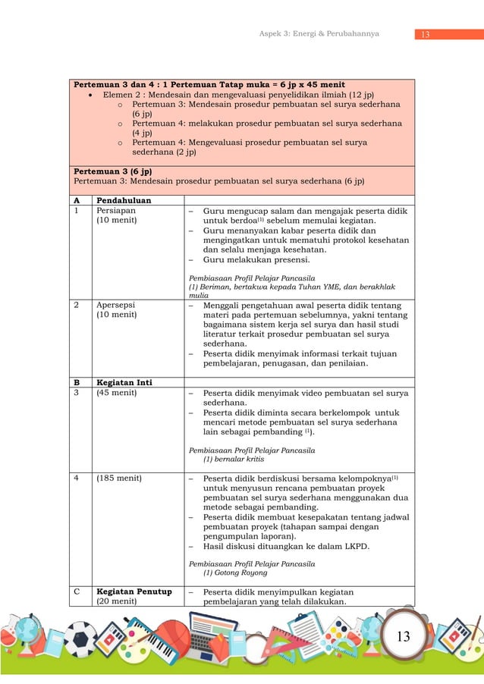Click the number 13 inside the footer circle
(404, 636)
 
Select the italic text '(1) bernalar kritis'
(234, 459)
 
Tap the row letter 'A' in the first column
(77, 200)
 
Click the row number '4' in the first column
(76, 478)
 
